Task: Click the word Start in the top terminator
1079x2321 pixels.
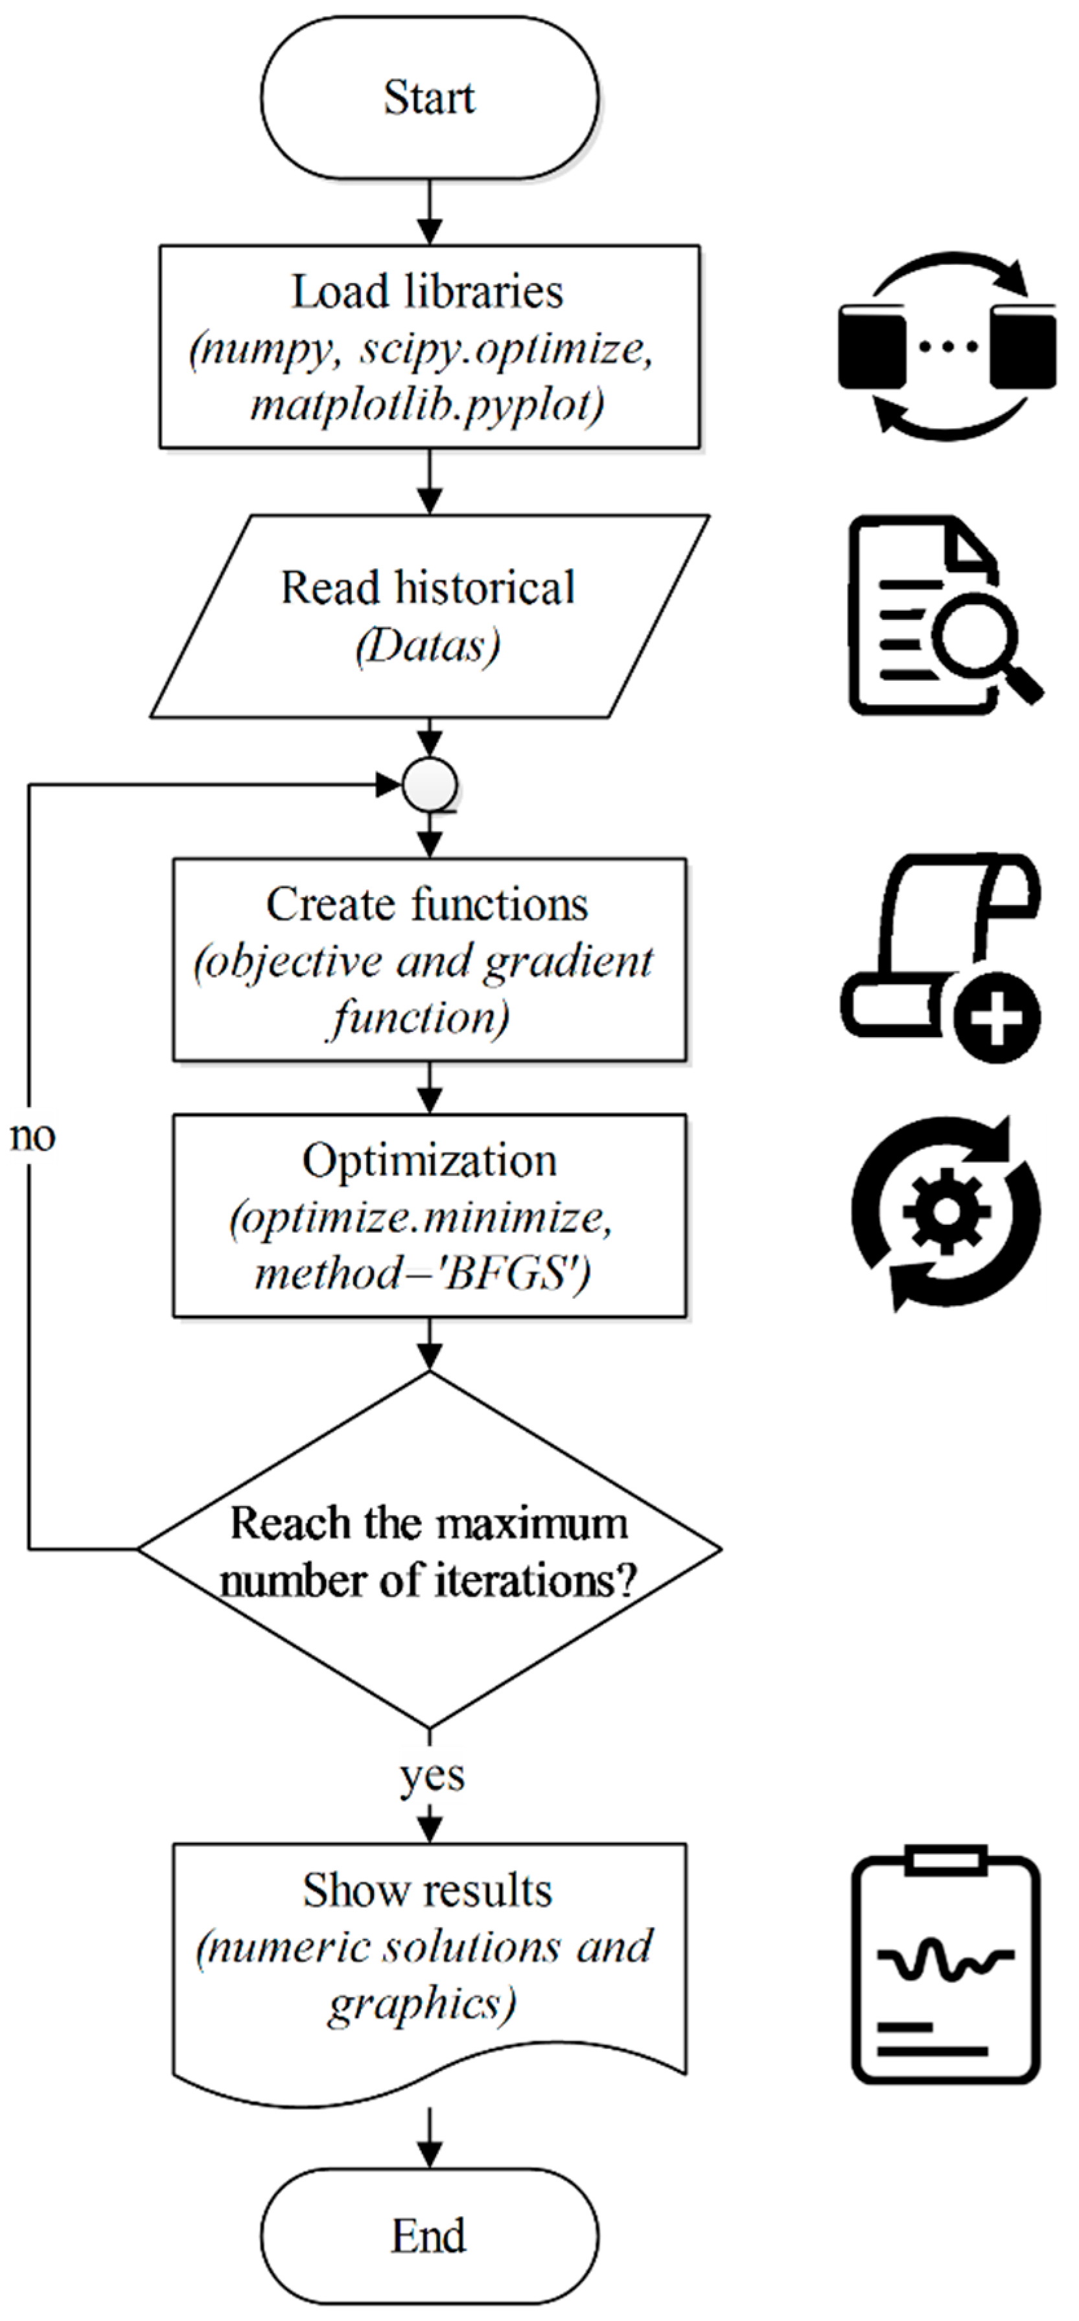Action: (x=429, y=97)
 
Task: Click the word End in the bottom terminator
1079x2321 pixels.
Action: (x=429, y=2235)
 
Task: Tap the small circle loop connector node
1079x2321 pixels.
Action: (x=430, y=786)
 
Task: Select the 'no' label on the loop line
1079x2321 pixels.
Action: (x=33, y=1137)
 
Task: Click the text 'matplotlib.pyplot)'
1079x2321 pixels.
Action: (x=427, y=405)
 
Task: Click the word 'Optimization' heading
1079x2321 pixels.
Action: (x=429, y=1161)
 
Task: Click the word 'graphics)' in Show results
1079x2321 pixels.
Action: (x=422, y=2005)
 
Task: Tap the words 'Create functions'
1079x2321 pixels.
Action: (x=427, y=904)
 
